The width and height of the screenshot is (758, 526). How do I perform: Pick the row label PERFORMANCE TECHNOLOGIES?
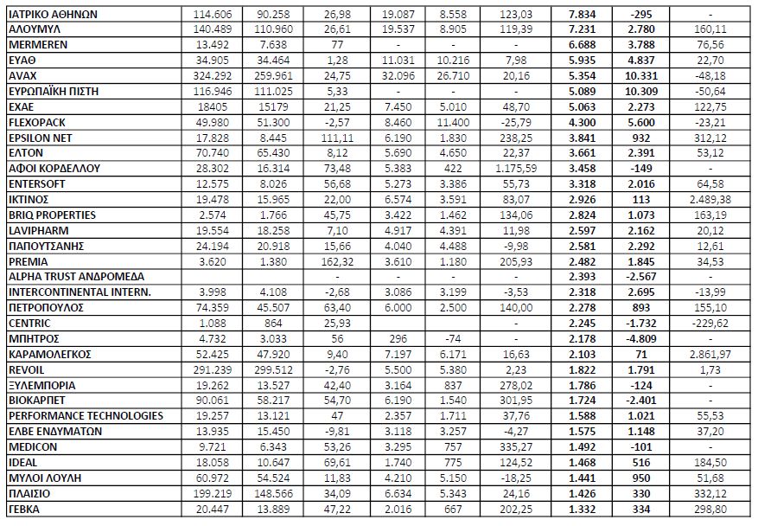85,416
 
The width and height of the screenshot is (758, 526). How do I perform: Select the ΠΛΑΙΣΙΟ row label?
29,493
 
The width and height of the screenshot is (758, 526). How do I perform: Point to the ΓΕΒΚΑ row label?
24,509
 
